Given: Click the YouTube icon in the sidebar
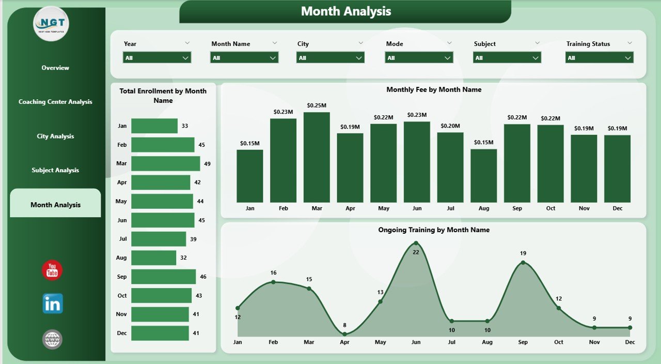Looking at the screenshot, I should pos(52,270).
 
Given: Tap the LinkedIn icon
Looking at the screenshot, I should pos(53,304).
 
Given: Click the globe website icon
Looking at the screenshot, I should pos(52,339).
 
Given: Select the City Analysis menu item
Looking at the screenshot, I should pos(55,136).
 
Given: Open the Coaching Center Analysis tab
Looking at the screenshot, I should pos(55,102).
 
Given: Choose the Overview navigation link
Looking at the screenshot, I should pos(55,68).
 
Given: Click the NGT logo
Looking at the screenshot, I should pos(51,23).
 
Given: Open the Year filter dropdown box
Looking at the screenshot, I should pos(157,58).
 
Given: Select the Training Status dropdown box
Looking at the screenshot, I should pos(600,58).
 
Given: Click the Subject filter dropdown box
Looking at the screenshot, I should pos(507,58).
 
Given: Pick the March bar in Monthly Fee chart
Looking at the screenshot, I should pos(317,157).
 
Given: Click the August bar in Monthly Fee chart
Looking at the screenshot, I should pos(484,176).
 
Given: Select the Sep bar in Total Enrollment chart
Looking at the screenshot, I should pos(163,277).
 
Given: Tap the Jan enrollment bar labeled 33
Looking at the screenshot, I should pos(154,126).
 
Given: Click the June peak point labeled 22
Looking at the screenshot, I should pos(416,243).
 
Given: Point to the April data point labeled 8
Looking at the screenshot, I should pos(345,334).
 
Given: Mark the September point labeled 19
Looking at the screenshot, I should pos(523,263).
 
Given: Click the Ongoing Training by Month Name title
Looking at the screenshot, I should pos(433,230).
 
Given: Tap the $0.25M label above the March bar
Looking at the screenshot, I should pos(317,105).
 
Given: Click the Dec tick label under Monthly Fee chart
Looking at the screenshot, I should pos(617,208).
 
